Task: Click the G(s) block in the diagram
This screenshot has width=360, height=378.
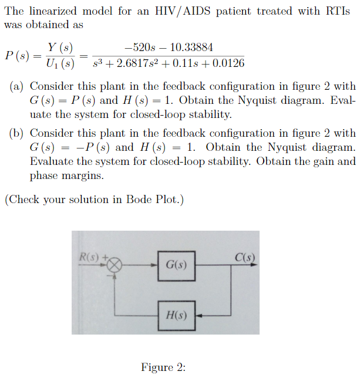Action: [176, 265]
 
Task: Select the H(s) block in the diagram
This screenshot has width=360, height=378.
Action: [176, 315]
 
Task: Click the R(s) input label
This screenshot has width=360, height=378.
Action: [90, 256]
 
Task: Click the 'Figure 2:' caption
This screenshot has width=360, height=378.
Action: [163, 367]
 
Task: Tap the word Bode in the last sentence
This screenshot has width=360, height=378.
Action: [140, 200]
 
